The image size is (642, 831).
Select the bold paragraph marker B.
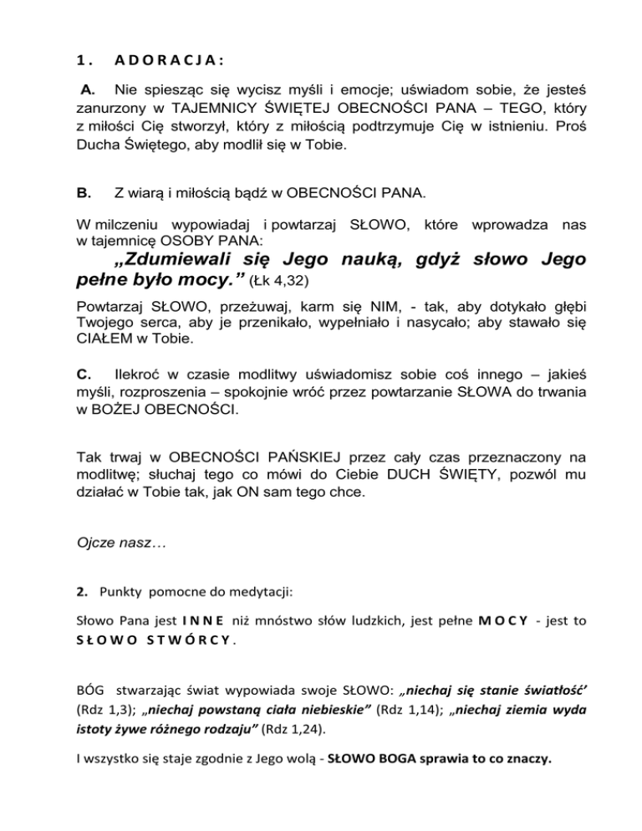point(84,194)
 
